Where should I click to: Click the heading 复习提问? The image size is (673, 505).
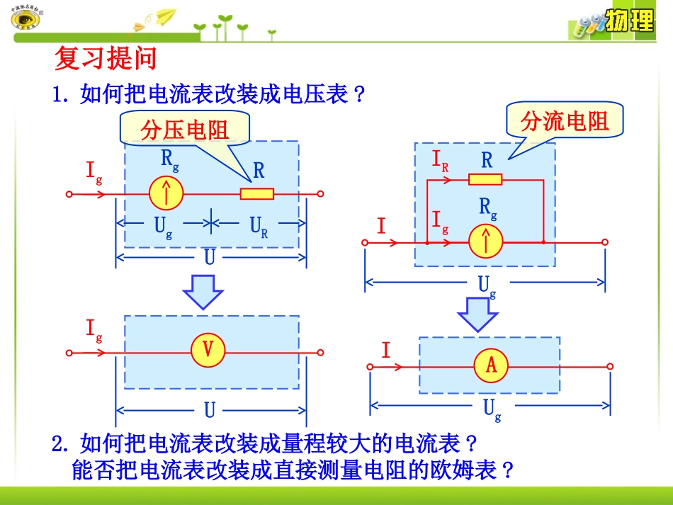106,59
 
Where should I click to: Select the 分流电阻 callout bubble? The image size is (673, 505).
565,121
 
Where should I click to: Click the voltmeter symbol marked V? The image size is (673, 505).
208,350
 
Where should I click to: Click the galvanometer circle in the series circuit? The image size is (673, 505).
166,193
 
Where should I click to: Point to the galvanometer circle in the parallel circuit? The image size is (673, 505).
486,242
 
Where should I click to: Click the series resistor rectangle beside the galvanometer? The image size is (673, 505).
256,193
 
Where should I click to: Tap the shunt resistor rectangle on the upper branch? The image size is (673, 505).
485,179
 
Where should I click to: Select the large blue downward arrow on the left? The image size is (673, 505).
203,290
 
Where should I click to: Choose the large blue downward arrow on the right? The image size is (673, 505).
477,312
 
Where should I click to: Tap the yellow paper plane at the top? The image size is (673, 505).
165,16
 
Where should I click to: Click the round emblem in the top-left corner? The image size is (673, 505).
26,20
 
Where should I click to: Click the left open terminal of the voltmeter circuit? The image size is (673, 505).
69,351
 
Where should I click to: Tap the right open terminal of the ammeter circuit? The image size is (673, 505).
610,366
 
